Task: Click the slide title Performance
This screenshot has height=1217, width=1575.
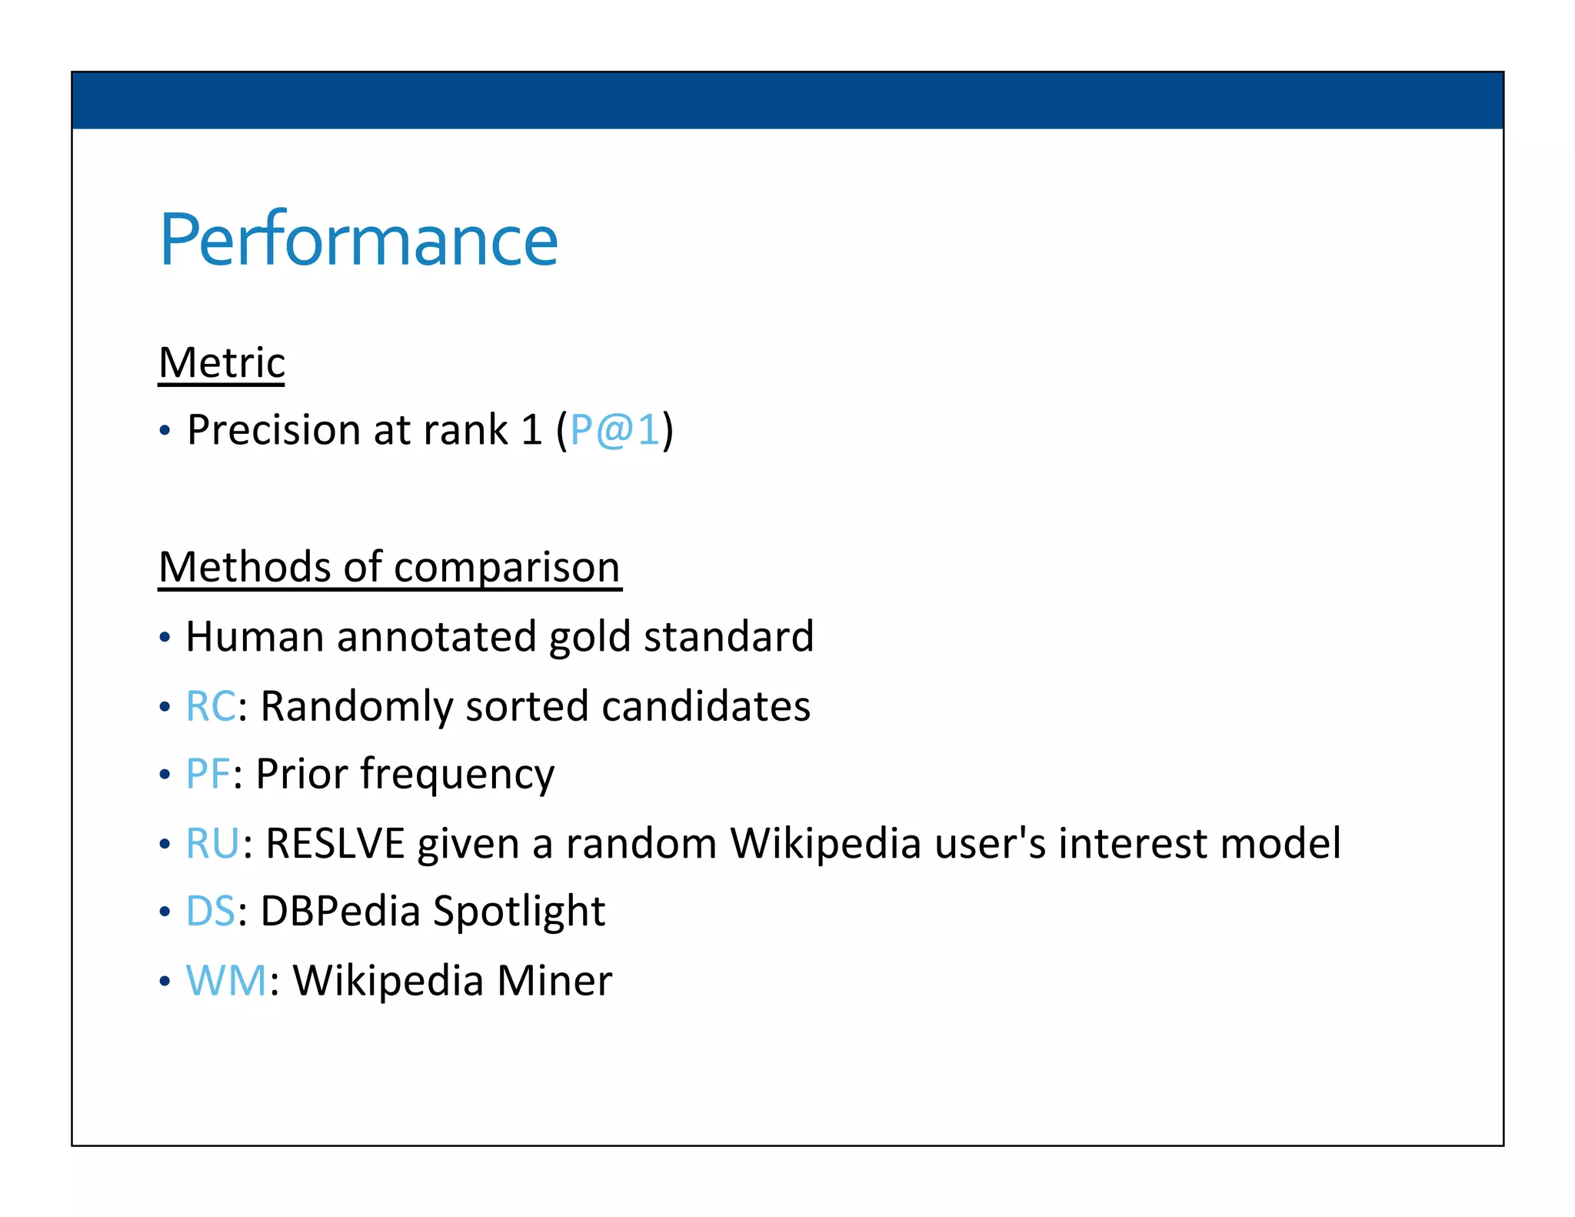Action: [358, 240]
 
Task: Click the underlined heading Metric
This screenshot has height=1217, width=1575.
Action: [221, 362]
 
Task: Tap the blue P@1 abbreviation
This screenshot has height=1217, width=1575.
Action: [614, 429]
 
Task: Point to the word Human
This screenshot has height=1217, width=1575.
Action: [255, 637]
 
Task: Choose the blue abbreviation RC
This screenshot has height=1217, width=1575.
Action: [211, 706]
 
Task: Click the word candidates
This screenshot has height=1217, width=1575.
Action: [705, 706]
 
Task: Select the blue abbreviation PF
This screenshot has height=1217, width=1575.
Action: [208, 774]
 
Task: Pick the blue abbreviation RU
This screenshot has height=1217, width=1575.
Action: [212, 843]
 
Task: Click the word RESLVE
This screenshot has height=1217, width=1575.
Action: [335, 843]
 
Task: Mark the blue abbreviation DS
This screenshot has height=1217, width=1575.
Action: [210, 912]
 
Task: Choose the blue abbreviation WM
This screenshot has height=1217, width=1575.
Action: [226, 981]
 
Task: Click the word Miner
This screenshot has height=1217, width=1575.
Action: [554, 981]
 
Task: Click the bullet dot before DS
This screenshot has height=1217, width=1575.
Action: [164, 912]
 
